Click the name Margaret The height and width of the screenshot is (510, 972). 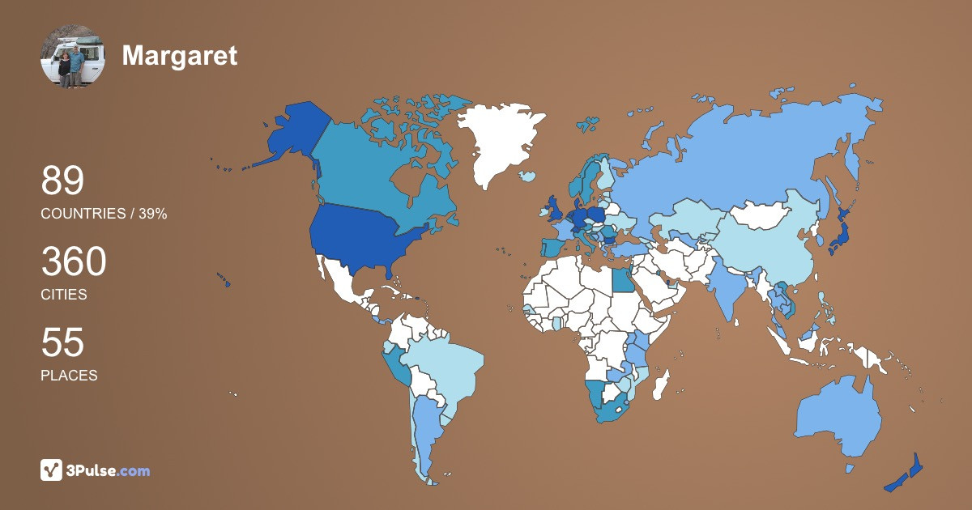(179, 55)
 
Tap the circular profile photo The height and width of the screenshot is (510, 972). (72, 55)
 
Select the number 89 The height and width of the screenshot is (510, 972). (62, 181)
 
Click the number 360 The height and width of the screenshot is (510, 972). (74, 262)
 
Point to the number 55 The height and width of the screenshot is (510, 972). (62, 342)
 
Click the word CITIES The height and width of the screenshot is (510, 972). (64, 295)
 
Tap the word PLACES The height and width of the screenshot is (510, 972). (69, 376)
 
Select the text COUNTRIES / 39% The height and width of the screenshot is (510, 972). (104, 214)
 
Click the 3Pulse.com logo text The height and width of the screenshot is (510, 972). (109, 470)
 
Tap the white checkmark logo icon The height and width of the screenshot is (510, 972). (52, 470)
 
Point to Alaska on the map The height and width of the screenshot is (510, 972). (292, 134)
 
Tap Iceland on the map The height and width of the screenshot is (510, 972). (526, 176)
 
